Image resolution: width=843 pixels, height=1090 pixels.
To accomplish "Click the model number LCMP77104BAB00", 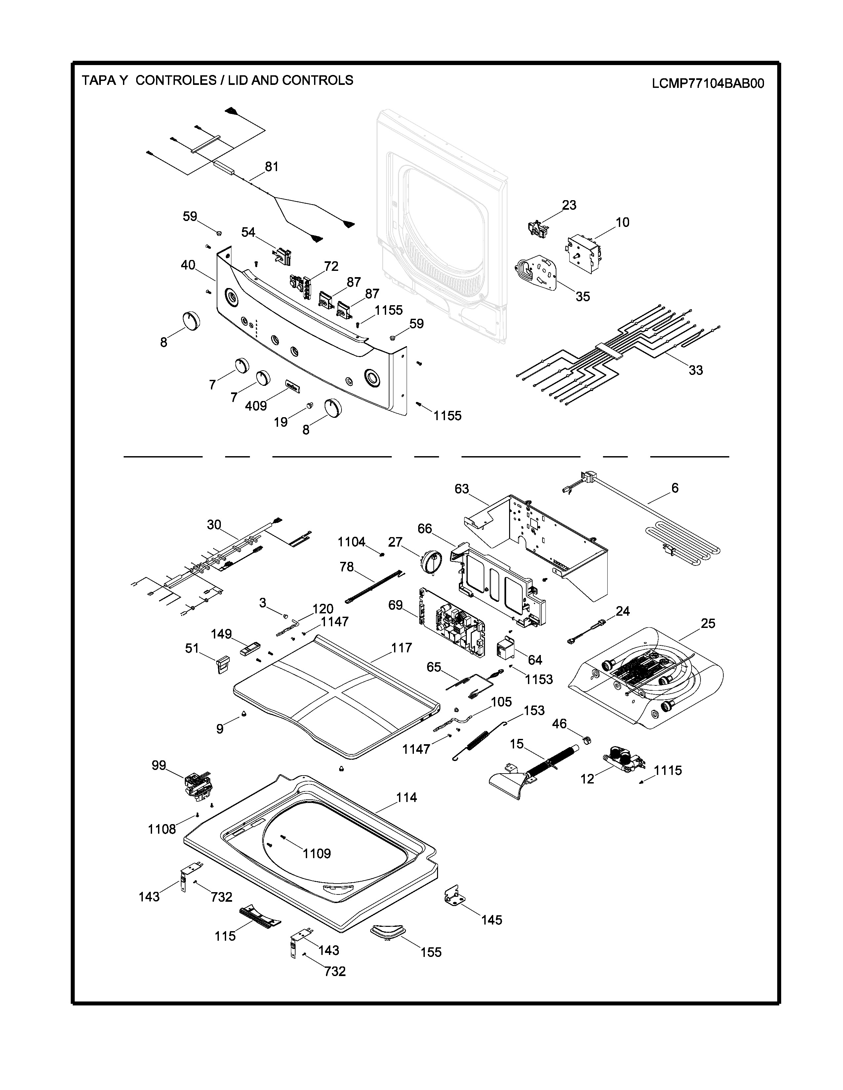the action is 708,83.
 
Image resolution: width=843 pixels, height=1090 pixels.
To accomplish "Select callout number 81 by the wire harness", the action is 272,167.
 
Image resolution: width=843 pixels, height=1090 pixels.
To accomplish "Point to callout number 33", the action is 696,370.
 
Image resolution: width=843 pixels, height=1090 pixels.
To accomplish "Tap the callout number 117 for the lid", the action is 402,648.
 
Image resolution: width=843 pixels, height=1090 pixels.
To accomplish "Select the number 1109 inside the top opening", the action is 317,854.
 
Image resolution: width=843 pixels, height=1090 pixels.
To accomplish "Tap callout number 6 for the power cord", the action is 675,488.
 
